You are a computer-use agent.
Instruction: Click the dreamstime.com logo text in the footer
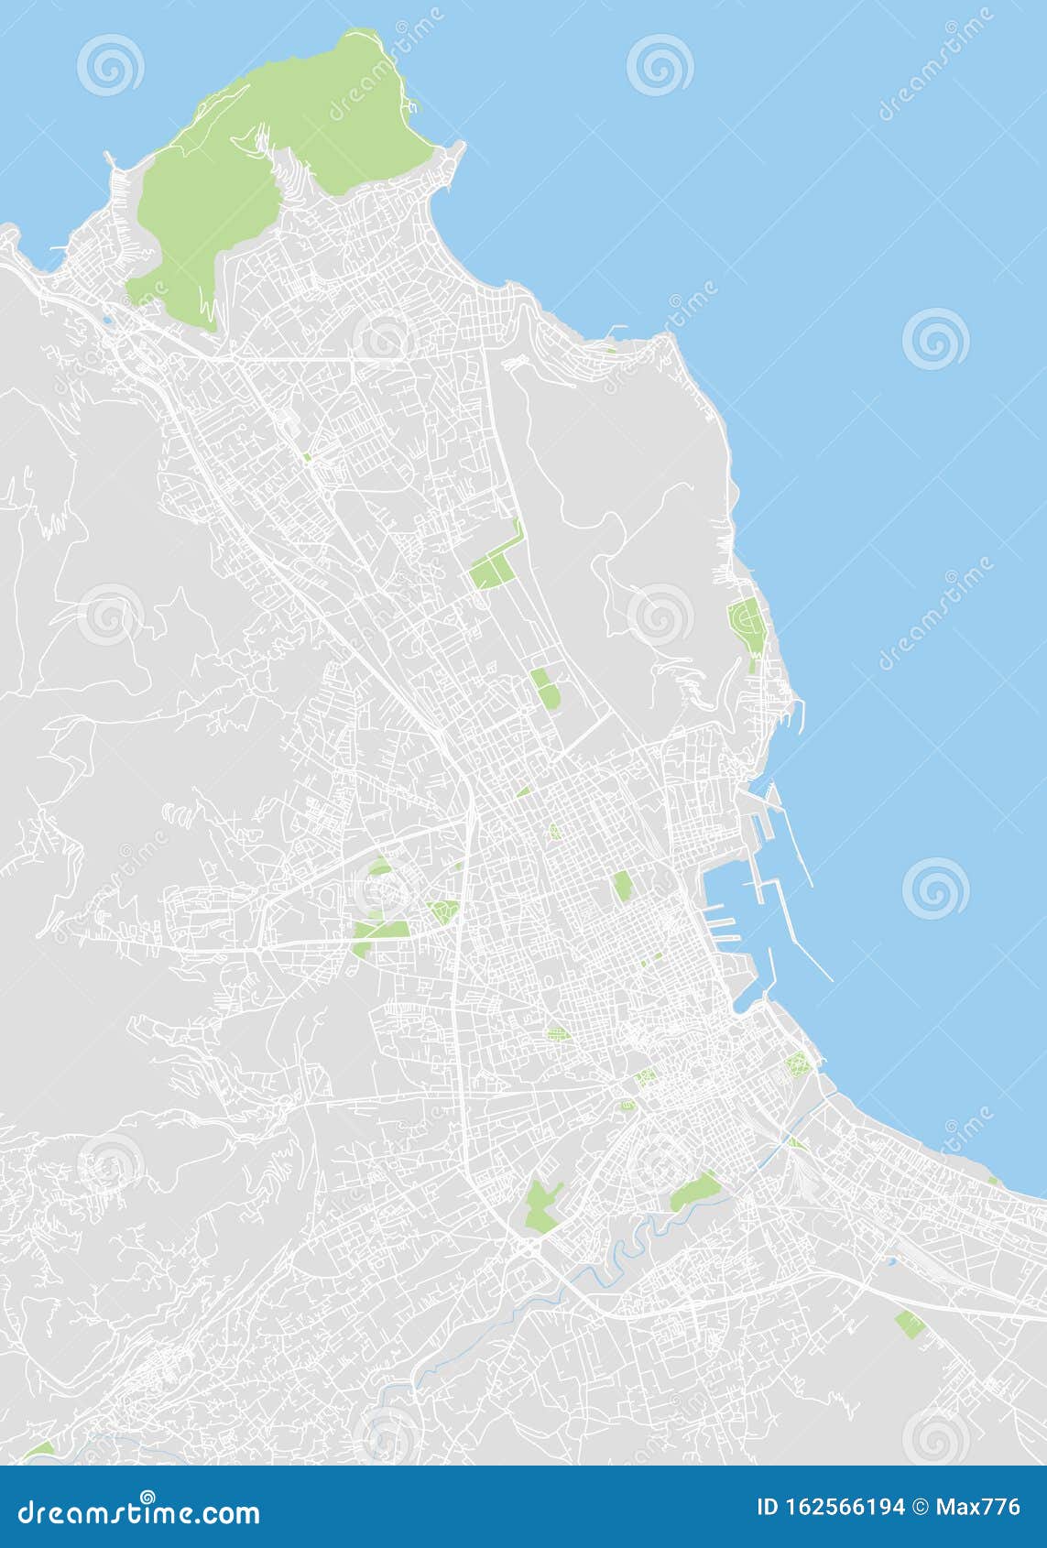[x=139, y=1511]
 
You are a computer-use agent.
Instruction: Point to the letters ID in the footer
[x=768, y=1508]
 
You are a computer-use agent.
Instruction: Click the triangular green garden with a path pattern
[x=443, y=911]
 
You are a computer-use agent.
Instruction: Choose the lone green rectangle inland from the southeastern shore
[x=909, y=1323]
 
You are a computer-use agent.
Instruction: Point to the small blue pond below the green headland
[x=109, y=320]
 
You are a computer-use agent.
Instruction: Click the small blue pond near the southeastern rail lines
[x=889, y=1261]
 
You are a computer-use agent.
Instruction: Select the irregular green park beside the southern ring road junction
[x=540, y=1203]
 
